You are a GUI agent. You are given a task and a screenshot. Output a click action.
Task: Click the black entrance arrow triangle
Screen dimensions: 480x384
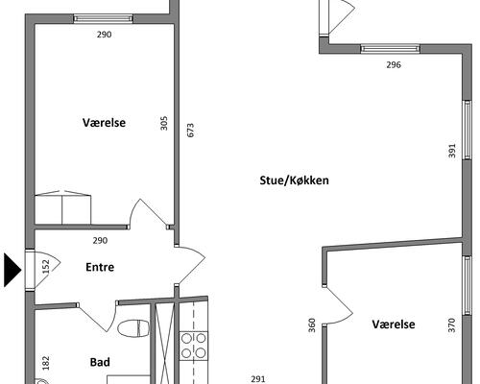12,270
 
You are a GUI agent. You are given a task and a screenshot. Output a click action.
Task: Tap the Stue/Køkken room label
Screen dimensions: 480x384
294,180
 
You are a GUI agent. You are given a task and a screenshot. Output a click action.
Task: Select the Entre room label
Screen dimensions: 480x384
100,267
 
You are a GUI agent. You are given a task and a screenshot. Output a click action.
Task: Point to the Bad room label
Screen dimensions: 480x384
100,362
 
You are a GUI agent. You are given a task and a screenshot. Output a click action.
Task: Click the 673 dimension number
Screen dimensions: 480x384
190,131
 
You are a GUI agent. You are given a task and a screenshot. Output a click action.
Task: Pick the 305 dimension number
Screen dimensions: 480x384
163,123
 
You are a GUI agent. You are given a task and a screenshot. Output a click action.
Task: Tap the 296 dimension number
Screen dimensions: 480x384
394,64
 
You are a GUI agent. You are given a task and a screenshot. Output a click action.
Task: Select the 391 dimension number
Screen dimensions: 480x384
452,151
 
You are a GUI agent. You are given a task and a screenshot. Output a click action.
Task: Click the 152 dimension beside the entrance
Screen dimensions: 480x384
46,267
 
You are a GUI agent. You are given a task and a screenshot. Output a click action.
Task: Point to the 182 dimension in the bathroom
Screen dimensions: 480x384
46,363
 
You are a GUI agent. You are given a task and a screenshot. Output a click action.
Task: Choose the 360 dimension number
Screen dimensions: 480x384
312,325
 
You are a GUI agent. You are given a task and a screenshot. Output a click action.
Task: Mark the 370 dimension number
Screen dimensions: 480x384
451,325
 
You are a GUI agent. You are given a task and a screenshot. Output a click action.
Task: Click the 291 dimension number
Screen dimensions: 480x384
258,379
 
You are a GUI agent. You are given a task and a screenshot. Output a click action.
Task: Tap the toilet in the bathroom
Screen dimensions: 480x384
133,328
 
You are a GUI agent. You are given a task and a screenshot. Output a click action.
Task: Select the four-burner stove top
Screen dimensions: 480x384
194,346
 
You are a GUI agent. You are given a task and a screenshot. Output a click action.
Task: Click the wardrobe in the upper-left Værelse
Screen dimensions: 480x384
62,207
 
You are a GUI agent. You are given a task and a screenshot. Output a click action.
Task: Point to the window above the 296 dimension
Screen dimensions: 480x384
390,49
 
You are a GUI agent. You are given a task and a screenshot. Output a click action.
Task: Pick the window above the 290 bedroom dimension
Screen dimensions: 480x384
103,18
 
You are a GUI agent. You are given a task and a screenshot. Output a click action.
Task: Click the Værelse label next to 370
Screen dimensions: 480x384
394,324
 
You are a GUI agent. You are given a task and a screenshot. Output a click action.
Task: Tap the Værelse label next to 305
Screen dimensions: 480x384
104,122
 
